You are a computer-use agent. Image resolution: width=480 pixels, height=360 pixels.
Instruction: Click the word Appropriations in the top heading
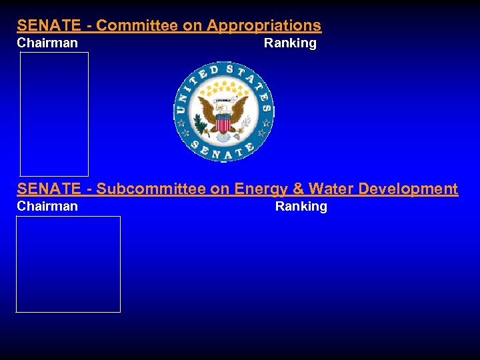point(264,26)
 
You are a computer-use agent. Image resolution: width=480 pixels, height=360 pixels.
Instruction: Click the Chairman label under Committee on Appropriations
point(47,43)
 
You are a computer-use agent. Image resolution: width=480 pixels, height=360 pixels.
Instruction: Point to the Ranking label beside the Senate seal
point(290,43)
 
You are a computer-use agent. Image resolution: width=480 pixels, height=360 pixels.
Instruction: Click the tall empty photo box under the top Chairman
point(54,114)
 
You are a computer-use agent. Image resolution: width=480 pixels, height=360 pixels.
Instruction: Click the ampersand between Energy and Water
point(299,189)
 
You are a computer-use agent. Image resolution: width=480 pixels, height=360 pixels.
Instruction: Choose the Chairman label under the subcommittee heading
point(47,207)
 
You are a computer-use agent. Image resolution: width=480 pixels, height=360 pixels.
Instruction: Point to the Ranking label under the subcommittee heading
point(301,207)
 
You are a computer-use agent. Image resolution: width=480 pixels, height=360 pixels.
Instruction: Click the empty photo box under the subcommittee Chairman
point(68,264)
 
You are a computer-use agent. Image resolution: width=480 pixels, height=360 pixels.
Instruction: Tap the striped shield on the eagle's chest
point(223,123)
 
